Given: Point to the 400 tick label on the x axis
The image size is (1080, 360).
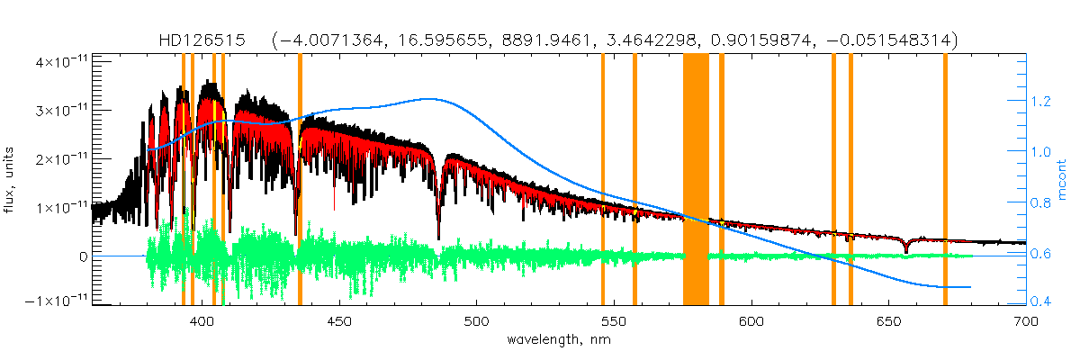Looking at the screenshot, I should click(x=202, y=320).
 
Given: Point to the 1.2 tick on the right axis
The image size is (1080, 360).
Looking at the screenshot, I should click(x=1043, y=102).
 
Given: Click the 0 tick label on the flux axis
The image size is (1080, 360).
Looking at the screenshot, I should click(x=83, y=256).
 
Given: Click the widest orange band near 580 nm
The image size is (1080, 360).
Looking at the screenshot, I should click(x=696, y=180).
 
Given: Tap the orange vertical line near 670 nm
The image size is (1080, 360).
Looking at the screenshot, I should click(x=945, y=180).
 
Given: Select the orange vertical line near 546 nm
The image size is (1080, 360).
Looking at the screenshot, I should click(x=603, y=180).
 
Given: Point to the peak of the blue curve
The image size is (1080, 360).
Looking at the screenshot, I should click(x=432, y=99).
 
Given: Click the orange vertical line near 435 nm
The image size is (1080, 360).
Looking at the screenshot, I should click(x=300, y=180).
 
